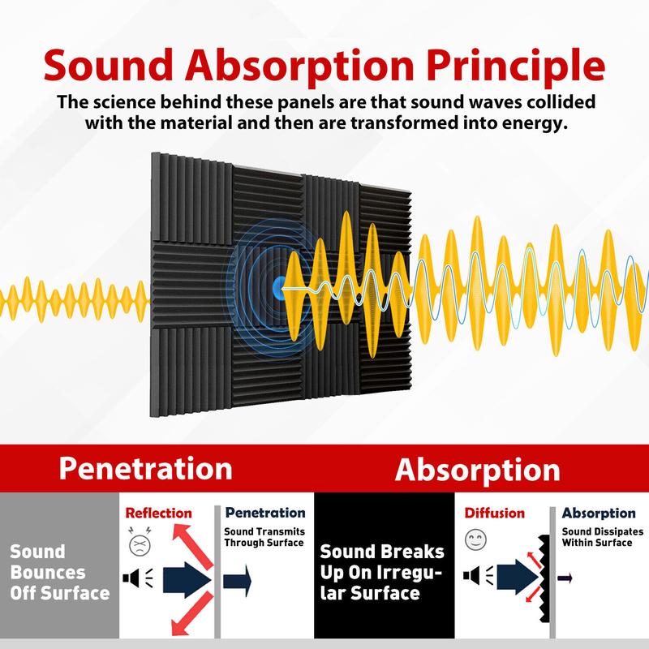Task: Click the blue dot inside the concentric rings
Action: (x=280, y=285)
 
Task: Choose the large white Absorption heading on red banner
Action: (x=477, y=470)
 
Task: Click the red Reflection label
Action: (x=158, y=513)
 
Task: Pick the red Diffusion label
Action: (x=494, y=513)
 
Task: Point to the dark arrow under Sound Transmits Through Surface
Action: (x=238, y=579)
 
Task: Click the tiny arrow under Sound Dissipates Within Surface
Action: (x=565, y=578)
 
